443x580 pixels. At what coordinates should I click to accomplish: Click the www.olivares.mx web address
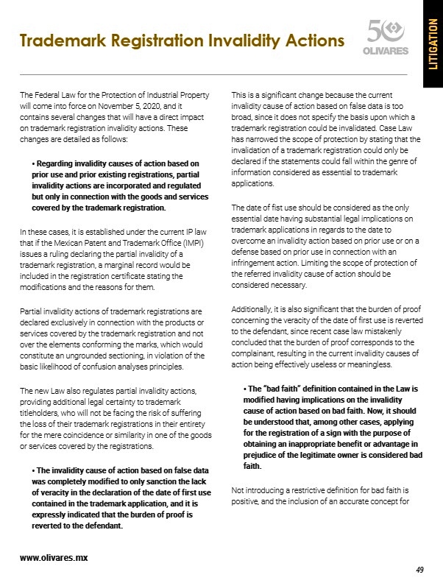click(54, 557)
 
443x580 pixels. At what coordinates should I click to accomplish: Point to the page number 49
click(420, 570)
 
